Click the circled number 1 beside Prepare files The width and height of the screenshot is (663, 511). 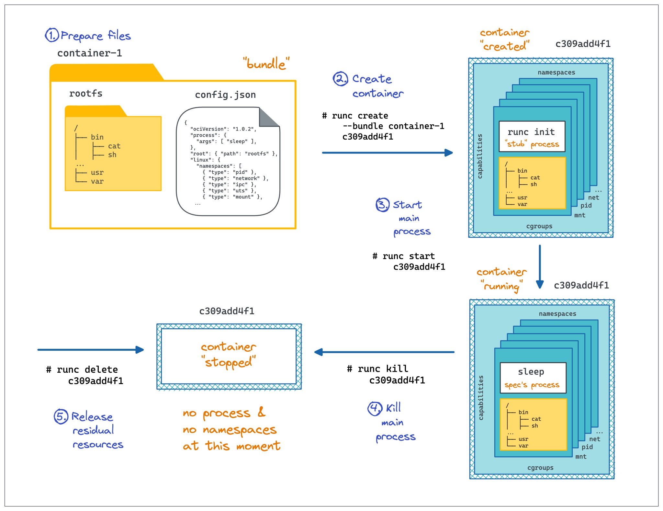click(52, 35)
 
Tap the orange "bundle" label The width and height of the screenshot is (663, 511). click(266, 63)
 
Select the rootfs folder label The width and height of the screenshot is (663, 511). click(86, 94)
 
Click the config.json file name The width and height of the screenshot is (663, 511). click(225, 95)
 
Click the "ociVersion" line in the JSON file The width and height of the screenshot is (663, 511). click(223, 129)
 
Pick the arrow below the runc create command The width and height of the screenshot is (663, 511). click(387, 153)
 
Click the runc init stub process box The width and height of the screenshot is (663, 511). click(532, 136)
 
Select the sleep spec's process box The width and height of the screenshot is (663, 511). click(533, 378)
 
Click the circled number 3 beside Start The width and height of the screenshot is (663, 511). click(382, 205)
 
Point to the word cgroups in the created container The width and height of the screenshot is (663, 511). click(539, 226)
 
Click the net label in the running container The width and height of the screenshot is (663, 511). click(594, 439)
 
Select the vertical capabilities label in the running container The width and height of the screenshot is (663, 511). click(481, 397)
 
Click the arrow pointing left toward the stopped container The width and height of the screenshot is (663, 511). click(384, 352)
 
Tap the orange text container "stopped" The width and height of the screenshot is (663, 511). click(229, 354)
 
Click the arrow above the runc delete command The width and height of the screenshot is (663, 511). click(91, 350)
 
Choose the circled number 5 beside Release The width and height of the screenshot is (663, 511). click(61, 416)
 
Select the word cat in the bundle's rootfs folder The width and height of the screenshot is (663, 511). click(114, 146)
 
